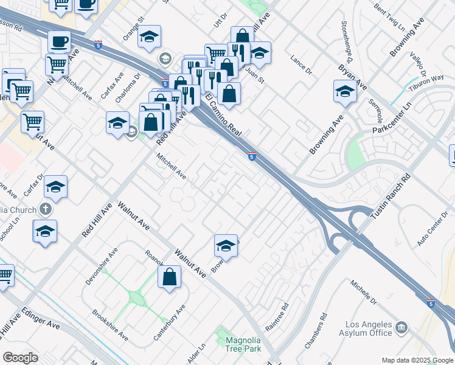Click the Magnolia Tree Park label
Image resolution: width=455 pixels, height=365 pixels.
243,344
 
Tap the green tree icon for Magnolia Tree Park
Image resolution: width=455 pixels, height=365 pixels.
221,335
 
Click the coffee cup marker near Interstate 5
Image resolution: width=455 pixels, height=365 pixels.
59,41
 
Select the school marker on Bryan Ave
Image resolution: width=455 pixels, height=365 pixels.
344,91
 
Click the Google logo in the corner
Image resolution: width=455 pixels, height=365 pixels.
20,358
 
